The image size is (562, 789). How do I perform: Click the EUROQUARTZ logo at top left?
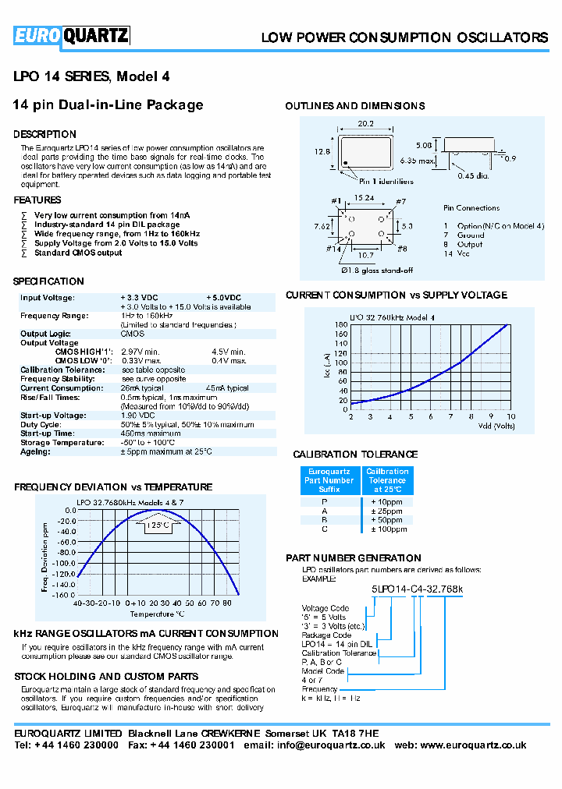coord(71,35)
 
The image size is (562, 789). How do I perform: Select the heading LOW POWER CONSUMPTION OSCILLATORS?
coord(404,37)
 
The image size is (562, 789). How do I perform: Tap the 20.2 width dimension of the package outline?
coord(367,123)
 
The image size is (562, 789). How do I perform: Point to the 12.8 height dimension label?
coord(323,152)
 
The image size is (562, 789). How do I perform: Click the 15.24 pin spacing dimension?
coord(365,198)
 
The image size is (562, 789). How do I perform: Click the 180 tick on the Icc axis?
coord(340,324)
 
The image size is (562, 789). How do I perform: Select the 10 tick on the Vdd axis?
coord(511,417)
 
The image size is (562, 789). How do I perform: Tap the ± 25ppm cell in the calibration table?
coord(386,511)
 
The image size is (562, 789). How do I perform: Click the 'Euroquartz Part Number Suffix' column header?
coord(329,480)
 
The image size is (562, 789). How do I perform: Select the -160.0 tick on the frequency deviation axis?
coord(64,595)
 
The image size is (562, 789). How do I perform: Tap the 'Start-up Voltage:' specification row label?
coord(52,416)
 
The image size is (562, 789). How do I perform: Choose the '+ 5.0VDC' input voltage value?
coord(224,298)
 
